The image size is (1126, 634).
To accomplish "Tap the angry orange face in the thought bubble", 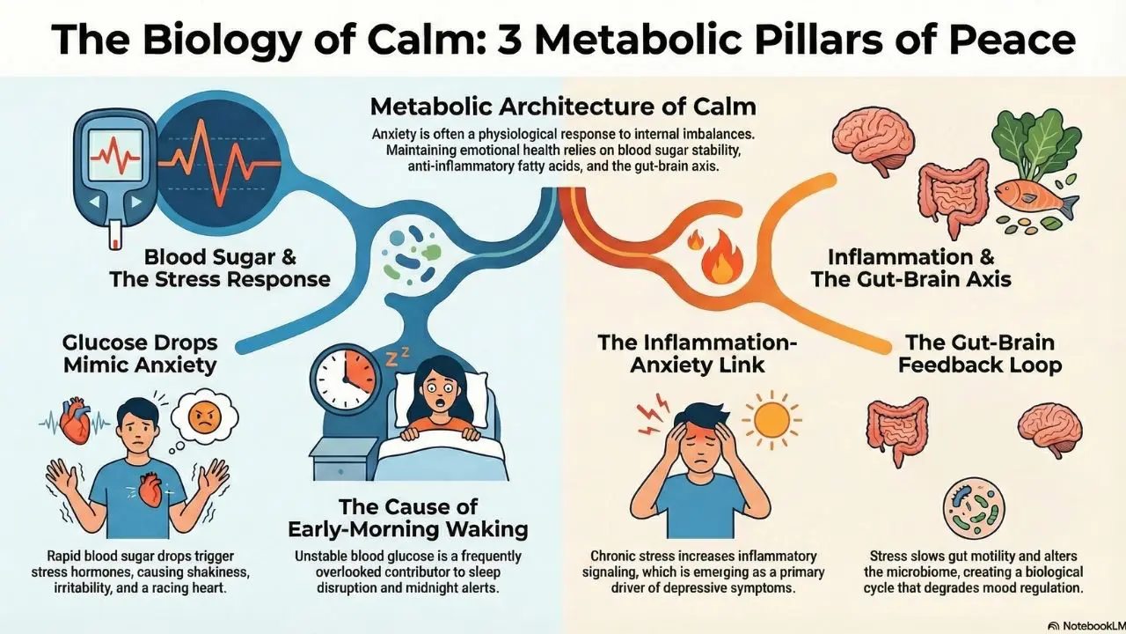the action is pyautogui.click(x=205, y=417).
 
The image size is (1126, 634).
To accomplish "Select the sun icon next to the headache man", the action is pyautogui.click(x=771, y=420).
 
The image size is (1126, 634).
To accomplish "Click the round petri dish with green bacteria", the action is pyautogui.click(x=974, y=508).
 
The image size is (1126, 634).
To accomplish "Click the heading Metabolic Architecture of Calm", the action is pyautogui.click(x=563, y=107).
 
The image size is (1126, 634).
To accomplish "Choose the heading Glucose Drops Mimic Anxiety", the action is pyautogui.click(x=140, y=354).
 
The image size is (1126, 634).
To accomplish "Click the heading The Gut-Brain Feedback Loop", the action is pyautogui.click(x=980, y=354).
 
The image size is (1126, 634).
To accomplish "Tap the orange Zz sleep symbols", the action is pyautogui.click(x=397, y=357).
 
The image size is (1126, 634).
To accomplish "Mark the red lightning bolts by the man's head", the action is pyautogui.click(x=652, y=414).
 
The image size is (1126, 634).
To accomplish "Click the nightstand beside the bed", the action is pyautogui.click(x=343, y=458).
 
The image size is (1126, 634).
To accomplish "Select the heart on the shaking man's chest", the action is pyautogui.click(x=150, y=491).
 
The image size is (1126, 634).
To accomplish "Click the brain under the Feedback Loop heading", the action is pyautogui.click(x=1050, y=429).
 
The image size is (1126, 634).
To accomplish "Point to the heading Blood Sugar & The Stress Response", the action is pyautogui.click(x=220, y=269).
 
